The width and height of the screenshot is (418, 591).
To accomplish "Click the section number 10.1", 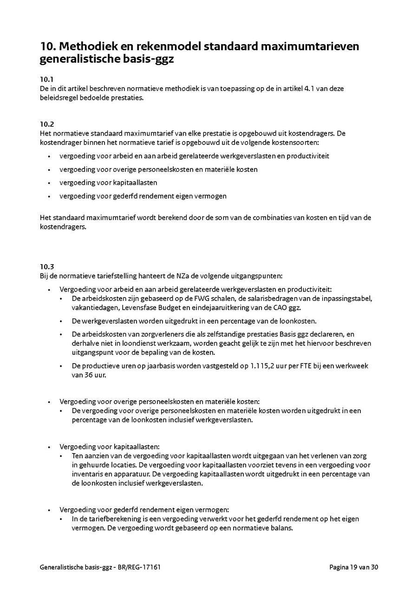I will pos(46,79).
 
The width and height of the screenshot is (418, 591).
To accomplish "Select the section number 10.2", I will pos(47,124).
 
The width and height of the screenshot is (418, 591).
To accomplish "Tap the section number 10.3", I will pos(47,266).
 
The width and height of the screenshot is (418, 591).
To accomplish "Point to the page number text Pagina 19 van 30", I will pos(354,567).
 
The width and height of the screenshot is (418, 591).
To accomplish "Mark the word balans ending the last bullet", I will pos(282,528).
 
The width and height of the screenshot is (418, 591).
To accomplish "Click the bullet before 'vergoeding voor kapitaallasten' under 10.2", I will pos(49,183).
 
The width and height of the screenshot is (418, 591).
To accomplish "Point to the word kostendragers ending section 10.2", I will pos(63,227).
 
